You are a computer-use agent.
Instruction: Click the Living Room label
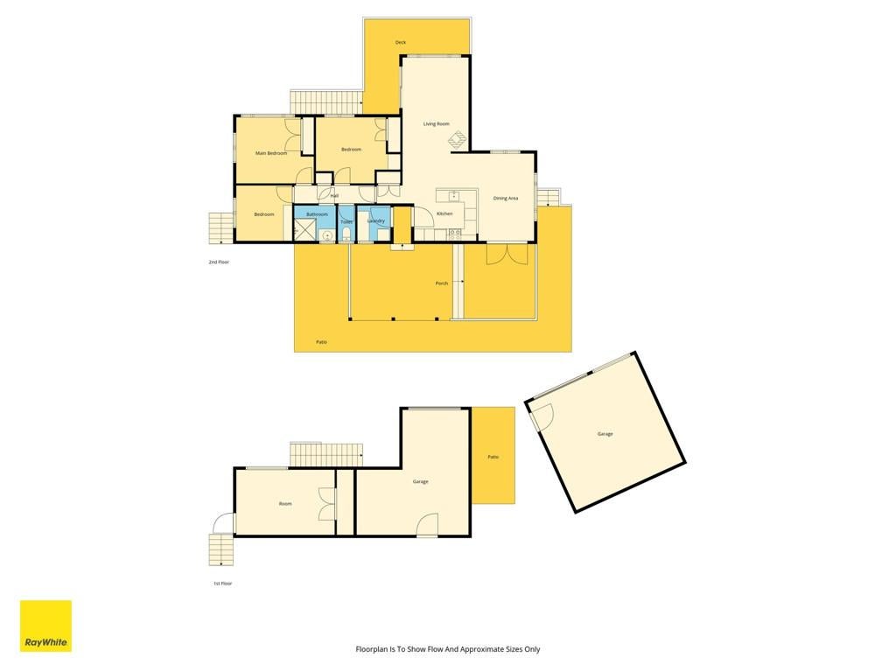click(x=436, y=124)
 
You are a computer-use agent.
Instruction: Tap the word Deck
click(x=401, y=42)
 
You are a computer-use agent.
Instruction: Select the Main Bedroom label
click(x=271, y=153)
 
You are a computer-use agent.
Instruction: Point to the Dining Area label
click(x=506, y=199)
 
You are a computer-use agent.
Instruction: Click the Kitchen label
click(x=444, y=213)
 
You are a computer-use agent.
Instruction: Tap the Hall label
click(x=334, y=196)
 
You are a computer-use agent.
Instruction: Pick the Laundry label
click(x=375, y=220)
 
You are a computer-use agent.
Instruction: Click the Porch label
click(x=442, y=283)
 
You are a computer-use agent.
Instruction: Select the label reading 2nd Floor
click(x=219, y=262)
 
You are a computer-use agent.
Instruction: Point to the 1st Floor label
click(x=223, y=584)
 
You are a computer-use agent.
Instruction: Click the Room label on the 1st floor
click(x=285, y=504)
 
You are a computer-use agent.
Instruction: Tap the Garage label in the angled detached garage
click(x=605, y=434)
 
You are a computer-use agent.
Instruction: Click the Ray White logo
click(x=45, y=626)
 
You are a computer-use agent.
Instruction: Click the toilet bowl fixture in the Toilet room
click(x=346, y=233)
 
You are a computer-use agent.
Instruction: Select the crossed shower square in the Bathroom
click(x=304, y=230)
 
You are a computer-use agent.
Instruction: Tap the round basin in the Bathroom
click(x=328, y=234)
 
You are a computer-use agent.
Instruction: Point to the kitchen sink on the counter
click(x=454, y=196)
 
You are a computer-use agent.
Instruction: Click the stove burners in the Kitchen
click(x=455, y=233)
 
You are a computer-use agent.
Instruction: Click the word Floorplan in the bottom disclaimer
click(x=370, y=649)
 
